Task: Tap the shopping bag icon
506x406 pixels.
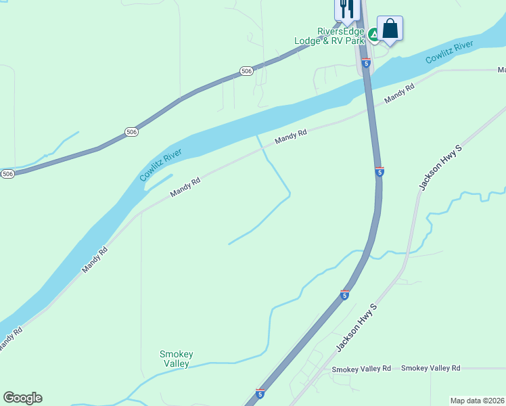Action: (390, 28)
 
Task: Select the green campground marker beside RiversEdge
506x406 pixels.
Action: (373, 33)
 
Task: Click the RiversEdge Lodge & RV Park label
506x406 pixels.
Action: (331, 36)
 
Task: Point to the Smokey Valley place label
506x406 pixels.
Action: (177, 359)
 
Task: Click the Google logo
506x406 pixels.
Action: (22, 398)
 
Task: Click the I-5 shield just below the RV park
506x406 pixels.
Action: (366, 63)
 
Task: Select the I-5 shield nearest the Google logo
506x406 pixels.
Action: (260, 393)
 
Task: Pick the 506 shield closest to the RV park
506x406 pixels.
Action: (246, 71)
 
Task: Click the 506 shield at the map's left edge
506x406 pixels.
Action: (7, 174)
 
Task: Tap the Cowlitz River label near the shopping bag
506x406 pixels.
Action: (449, 53)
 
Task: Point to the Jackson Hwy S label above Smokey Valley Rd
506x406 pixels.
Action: (356, 327)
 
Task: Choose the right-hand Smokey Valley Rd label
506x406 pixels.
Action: (430, 368)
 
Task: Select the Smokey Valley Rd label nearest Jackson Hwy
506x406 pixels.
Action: (361, 369)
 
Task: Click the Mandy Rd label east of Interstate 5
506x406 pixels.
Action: (399, 94)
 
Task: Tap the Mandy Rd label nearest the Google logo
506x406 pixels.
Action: (9, 339)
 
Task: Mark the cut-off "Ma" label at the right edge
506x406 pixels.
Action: (501, 70)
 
